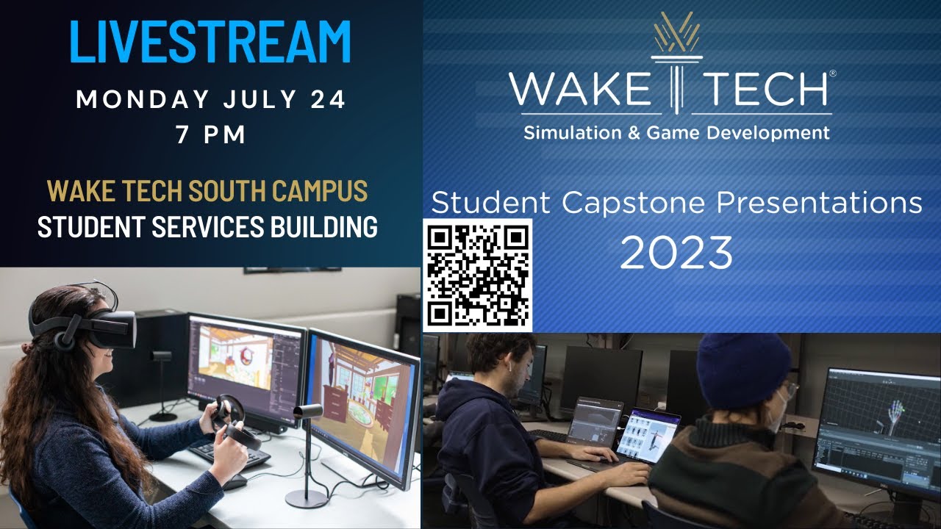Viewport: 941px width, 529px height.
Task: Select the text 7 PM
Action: (x=210, y=135)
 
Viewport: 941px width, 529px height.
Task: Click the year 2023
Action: (x=676, y=253)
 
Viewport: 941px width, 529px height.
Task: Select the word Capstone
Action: (x=631, y=203)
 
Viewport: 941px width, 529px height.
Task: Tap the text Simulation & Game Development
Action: (x=676, y=133)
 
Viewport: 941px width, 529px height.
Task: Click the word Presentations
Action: (x=819, y=203)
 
